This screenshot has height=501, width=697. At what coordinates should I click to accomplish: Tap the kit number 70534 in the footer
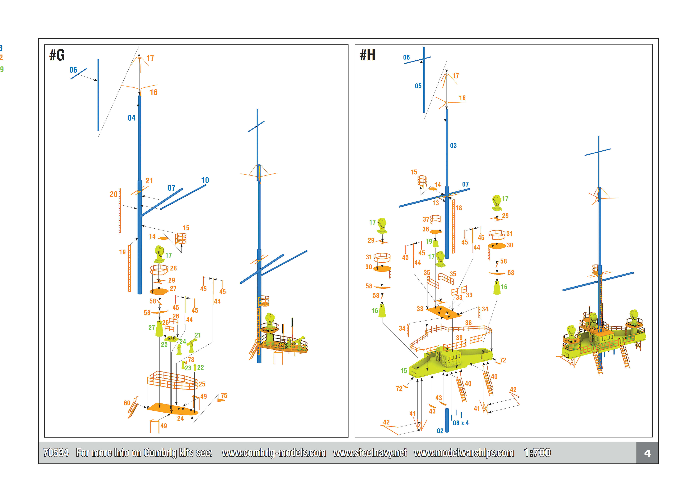click(56, 453)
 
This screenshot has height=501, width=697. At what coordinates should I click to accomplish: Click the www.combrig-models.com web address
click(274, 453)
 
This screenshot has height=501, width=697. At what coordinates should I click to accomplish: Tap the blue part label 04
click(131, 118)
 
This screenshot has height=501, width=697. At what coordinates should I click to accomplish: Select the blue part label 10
click(205, 180)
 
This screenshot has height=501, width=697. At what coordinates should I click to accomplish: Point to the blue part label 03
click(453, 145)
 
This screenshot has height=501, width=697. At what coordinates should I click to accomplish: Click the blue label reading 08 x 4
click(461, 423)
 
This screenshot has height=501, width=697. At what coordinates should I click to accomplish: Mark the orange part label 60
click(127, 403)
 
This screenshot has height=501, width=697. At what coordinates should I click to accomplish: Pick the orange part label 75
click(224, 395)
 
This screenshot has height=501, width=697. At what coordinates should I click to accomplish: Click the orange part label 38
click(468, 323)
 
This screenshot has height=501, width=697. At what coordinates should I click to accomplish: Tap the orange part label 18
click(458, 208)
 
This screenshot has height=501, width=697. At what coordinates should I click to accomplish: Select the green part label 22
click(200, 367)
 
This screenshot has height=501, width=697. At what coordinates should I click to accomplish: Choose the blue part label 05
click(418, 86)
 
